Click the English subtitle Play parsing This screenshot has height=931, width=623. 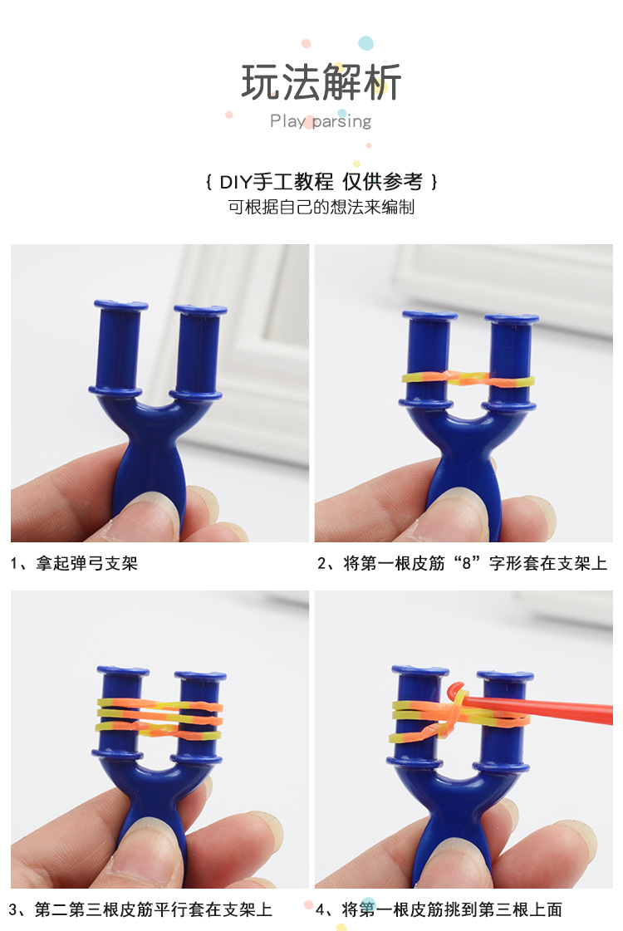point(321,121)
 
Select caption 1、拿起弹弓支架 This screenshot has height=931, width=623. point(74,564)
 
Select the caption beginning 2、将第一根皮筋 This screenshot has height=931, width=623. point(462,564)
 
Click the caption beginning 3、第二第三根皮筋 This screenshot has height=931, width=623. point(140,909)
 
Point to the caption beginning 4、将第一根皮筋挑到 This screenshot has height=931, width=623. point(440,909)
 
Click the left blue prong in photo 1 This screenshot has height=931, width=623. point(118,345)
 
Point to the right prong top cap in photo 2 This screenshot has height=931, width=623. point(511,318)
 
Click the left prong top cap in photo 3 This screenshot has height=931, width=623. point(122,670)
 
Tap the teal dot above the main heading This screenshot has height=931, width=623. point(365,43)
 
